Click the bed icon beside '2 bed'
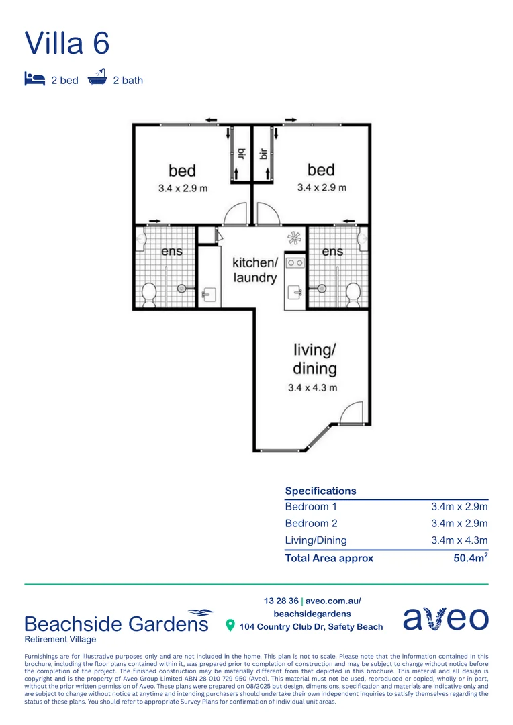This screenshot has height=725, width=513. (x=35, y=79)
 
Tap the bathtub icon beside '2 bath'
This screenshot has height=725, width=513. (x=98, y=79)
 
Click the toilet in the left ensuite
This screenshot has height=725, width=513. (x=149, y=293)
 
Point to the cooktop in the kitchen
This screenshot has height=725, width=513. (x=295, y=262)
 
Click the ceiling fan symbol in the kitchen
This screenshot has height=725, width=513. (x=294, y=238)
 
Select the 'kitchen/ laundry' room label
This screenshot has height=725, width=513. (x=254, y=269)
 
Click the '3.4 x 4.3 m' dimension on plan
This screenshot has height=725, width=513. (x=312, y=387)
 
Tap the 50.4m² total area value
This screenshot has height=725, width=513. (x=470, y=558)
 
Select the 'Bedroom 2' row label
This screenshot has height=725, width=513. (x=311, y=524)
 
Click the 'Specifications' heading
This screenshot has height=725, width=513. (x=320, y=491)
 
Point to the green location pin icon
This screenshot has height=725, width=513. (x=230, y=626)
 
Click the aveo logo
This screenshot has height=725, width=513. (x=445, y=618)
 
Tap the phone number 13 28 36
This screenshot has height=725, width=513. (x=281, y=601)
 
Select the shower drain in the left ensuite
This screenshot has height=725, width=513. (x=181, y=289)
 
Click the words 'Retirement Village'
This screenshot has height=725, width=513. (x=60, y=639)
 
